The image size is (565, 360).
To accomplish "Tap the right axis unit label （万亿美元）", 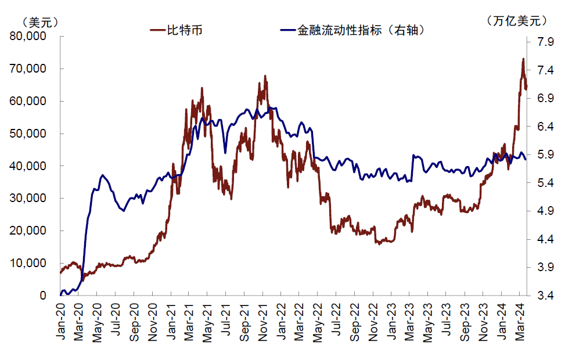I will point(519,21).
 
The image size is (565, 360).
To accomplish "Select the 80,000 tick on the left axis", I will point(28,37).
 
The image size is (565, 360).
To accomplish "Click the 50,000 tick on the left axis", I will point(28,134).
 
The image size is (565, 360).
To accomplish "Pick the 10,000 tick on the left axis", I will point(28,263).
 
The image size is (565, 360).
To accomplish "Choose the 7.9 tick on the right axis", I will point(544,42).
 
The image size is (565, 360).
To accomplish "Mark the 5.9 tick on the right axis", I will point(544,155).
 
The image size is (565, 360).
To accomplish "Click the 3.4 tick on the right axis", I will point(544,296).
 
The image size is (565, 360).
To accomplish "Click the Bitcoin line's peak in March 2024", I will point(523,59).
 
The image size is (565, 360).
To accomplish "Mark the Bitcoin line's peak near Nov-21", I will point(265,76).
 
